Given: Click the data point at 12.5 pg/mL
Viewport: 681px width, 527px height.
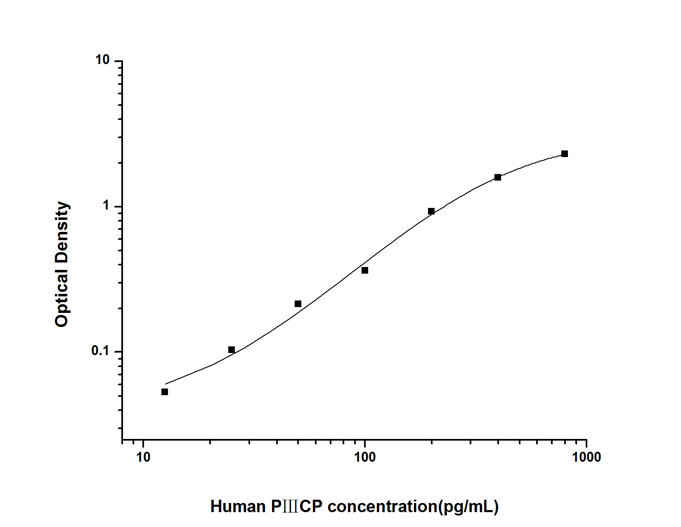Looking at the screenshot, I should click(x=165, y=392).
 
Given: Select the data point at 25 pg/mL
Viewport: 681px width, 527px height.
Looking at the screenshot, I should click(x=232, y=350).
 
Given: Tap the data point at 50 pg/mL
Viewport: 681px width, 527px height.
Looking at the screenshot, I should click(x=298, y=304).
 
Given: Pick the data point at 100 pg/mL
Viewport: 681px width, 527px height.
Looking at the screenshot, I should click(x=365, y=270).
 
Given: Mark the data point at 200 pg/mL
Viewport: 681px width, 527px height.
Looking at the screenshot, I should click(x=431, y=211).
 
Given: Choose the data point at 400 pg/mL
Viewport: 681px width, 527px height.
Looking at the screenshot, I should click(x=498, y=177).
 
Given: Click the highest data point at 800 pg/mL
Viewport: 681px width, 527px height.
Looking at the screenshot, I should click(x=565, y=154).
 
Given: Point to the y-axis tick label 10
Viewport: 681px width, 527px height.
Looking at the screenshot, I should click(x=102, y=60).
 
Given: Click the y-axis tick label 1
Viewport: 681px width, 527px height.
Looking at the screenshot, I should click(x=106, y=206).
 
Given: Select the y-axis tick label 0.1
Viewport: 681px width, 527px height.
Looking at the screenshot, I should click(x=100, y=351).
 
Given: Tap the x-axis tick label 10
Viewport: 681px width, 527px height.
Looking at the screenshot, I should click(x=143, y=458).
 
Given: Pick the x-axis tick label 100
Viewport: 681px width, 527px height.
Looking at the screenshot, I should click(x=365, y=458).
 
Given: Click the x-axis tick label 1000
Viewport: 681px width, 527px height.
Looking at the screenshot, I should click(x=586, y=458).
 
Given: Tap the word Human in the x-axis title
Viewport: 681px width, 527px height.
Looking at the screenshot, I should click(x=238, y=507).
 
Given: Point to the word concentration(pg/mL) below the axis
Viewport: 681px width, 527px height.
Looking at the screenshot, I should click(x=413, y=507).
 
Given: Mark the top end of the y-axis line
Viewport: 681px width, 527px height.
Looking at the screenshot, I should click(x=122, y=61).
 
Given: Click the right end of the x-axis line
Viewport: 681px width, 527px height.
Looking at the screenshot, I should click(x=586, y=439).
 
